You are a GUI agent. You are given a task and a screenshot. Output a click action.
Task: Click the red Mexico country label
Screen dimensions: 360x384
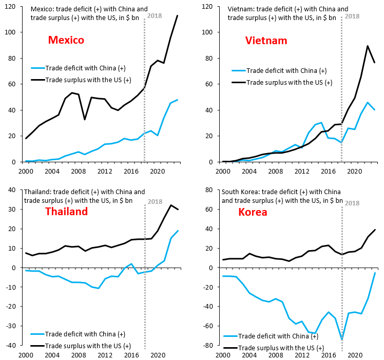point(66,40)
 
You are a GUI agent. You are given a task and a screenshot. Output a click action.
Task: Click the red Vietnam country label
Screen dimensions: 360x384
point(266,41)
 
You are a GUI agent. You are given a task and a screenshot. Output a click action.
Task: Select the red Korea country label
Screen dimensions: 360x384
point(253,212)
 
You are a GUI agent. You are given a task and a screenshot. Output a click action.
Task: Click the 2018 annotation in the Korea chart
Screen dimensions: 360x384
point(352,202)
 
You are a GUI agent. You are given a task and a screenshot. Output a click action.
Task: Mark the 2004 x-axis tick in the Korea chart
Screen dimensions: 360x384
point(249,354)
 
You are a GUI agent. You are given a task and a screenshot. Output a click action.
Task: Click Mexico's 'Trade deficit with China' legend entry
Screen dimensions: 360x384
point(85,68)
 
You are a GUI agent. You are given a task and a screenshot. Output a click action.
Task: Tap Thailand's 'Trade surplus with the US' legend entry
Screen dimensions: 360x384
point(87,346)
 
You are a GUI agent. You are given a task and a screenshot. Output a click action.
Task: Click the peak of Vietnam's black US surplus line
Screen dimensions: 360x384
point(368,46)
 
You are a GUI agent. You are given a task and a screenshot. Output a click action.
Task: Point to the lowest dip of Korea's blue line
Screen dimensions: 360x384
point(342,339)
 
